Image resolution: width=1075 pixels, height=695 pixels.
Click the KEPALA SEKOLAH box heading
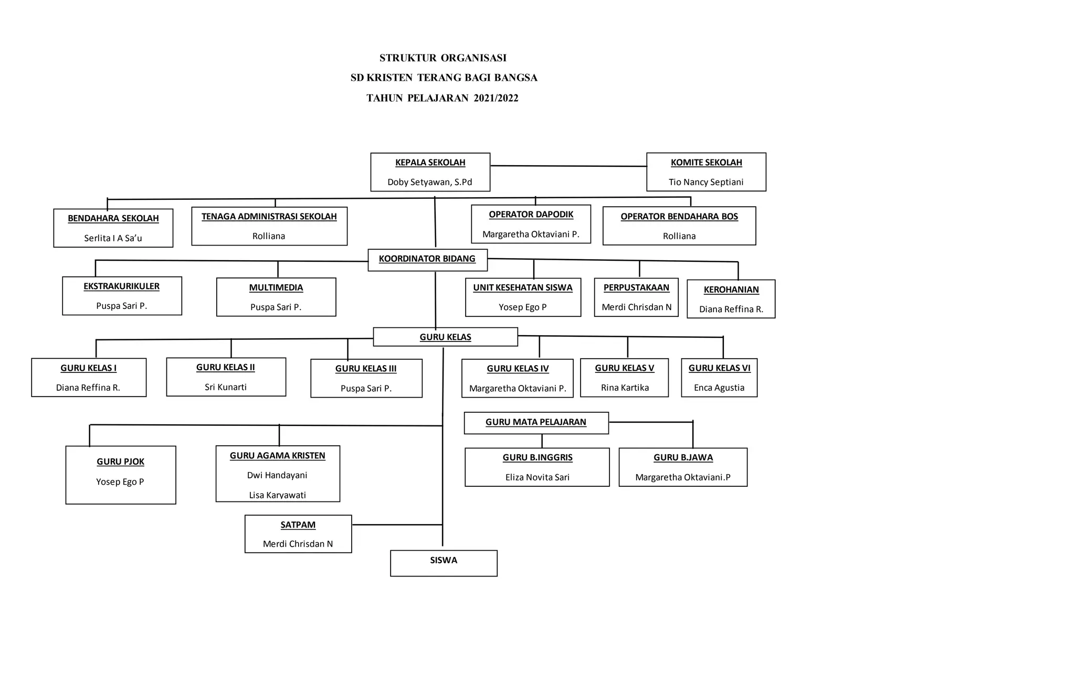430,163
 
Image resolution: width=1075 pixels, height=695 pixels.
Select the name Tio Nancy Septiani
705,182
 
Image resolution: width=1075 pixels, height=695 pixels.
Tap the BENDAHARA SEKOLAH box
113,228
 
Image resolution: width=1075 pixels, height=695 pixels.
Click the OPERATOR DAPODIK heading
531,215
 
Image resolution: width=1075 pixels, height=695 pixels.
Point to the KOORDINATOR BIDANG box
427,259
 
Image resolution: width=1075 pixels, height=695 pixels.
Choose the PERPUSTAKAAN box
636,297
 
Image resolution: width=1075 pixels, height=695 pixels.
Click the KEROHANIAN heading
731,290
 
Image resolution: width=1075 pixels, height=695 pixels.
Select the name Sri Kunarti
225,387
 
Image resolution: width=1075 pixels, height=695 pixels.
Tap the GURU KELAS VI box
719,378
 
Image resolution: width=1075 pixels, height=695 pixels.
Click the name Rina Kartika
625,388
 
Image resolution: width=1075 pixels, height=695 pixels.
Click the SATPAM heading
298,525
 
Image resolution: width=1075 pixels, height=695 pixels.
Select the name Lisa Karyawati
277,495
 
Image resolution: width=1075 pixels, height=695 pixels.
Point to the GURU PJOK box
120,475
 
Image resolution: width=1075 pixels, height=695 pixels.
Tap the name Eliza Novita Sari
537,477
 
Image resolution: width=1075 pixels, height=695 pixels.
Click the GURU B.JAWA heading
683,457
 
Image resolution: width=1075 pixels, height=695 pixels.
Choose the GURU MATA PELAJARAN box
535,422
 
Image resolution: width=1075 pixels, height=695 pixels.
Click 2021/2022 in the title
496,98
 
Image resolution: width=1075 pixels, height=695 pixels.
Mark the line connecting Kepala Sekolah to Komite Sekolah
568,166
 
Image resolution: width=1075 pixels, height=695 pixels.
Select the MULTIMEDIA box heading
276,287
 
